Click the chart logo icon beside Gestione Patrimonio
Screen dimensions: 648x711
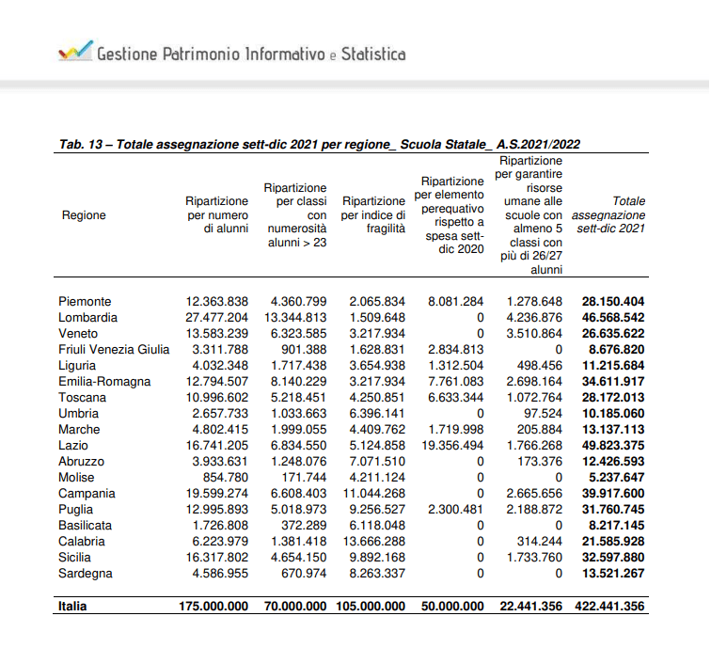(x=74, y=51)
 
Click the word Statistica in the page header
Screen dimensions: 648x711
(x=372, y=54)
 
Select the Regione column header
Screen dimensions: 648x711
(x=83, y=215)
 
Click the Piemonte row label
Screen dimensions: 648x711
(x=85, y=302)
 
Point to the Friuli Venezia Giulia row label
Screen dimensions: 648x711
(x=114, y=350)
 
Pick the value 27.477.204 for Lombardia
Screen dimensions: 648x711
(x=217, y=318)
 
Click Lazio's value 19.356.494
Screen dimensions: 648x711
(x=455, y=446)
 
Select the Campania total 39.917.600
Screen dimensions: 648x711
(x=612, y=494)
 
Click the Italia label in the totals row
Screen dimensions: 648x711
(x=71, y=607)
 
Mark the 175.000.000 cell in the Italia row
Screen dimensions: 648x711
(x=213, y=607)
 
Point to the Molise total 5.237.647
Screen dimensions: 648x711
(x=616, y=478)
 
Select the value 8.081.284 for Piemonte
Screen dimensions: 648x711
(x=455, y=302)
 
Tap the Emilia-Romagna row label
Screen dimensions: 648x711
(x=104, y=382)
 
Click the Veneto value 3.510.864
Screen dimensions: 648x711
(x=534, y=334)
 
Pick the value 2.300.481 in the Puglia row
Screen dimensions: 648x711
(x=455, y=510)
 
